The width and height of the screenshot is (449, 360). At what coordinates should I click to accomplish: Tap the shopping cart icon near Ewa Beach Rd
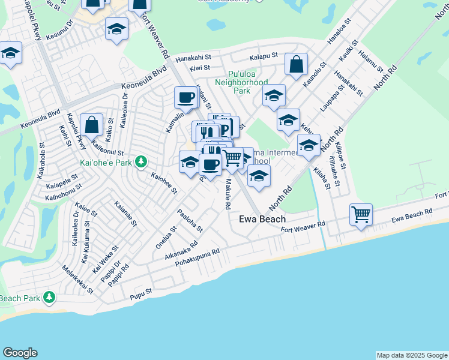coord(361,214)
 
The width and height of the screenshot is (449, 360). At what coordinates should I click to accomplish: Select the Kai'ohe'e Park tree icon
coord(141,161)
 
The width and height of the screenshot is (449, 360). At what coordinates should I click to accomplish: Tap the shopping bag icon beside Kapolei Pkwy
coord(91,125)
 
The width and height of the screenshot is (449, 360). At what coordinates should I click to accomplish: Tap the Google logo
coord(20,353)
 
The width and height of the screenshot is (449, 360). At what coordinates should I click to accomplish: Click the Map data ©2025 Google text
coord(412,355)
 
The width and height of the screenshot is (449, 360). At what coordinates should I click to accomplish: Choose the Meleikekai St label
coord(80,281)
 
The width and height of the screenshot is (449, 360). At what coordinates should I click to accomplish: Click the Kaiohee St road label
coord(164,184)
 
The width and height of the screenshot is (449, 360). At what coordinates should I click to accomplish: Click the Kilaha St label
coord(321,179)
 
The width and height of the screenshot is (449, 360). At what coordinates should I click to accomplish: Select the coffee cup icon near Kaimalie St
coord(185,97)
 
